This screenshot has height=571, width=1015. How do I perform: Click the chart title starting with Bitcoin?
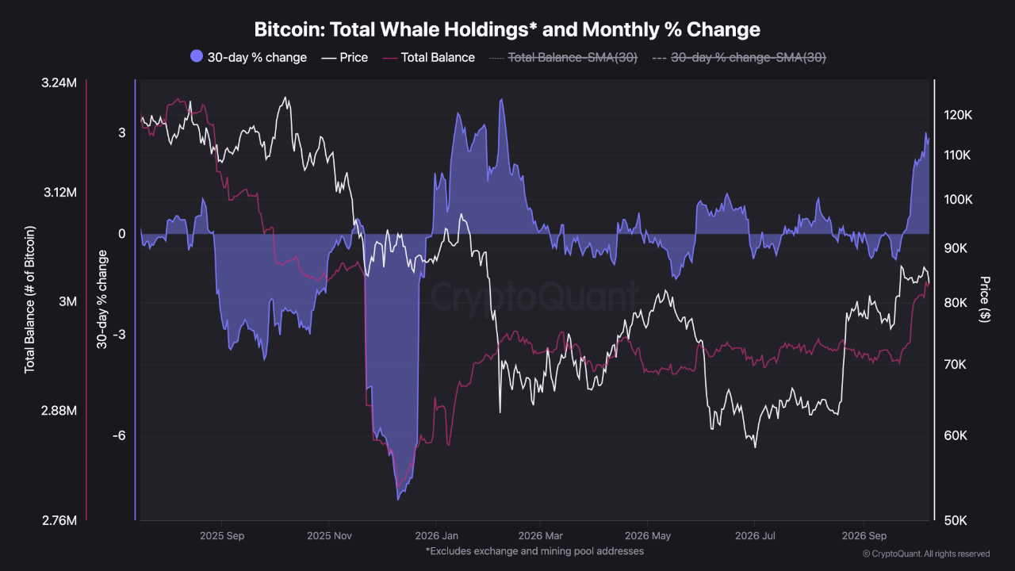(x=507, y=29)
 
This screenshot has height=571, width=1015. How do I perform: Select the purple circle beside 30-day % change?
(x=197, y=56)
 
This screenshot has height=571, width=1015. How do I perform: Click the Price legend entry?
(x=344, y=58)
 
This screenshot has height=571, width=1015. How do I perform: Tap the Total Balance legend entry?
(x=429, y=58)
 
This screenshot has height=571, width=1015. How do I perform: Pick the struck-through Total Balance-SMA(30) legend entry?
(x=564, y=58)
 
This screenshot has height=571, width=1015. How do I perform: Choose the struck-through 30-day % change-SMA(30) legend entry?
(x=739, y=58)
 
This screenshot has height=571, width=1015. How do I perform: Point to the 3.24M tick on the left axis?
(x=59, y=83)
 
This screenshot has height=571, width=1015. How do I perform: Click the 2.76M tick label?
(x=59, y=521)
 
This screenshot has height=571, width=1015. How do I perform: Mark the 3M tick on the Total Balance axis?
(x=68, y=301)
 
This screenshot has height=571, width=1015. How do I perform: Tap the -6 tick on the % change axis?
(x=119, y=435)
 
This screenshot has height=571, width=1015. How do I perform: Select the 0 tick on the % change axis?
(x=122, y=234)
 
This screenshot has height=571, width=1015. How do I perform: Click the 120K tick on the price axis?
(x=958, y=115)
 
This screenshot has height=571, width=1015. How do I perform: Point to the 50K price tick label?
(x=956, y=521)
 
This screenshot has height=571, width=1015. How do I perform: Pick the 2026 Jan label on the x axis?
(x=436, y=535)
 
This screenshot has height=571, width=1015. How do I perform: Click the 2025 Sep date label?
(x=222, y=535)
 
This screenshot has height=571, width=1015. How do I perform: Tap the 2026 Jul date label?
(x=755, y=535)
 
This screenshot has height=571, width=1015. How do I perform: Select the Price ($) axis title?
(x=984, y=299)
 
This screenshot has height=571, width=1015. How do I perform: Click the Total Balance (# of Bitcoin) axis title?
(x=29, y=300)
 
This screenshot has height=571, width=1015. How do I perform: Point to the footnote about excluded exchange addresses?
(x=534, y=551)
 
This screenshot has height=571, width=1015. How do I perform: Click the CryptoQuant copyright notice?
(x=926, y=554)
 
